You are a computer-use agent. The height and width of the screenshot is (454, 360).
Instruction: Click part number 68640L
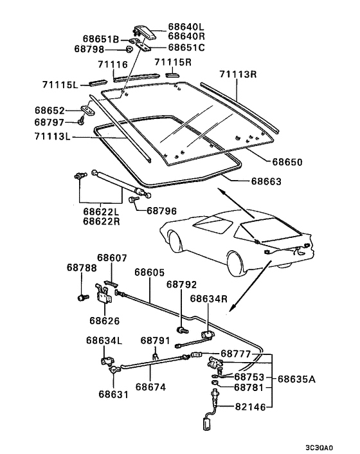(x=186, y=27)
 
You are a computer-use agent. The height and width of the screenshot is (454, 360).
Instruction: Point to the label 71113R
(x=239, y=75)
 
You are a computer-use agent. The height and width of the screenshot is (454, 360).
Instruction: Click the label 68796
(x=165, y=210)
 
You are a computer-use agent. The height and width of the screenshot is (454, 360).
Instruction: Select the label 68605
(x=152, y=272)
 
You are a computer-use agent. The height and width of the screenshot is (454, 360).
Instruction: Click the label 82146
(x=250, y=406)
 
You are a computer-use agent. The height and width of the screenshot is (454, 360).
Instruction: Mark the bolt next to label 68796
(x=133, y=201)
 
